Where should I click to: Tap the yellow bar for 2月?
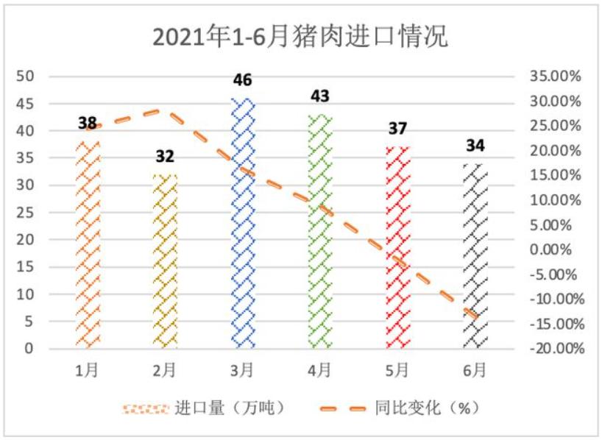tap(165, 265)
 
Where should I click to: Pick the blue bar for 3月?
tap(243, 221)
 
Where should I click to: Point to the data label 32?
tap(165, 157)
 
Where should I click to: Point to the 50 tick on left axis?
tap(26, 76)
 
